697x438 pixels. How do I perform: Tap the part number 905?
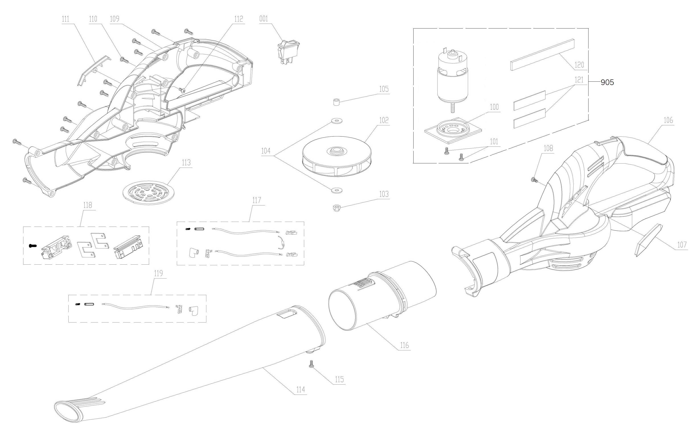[607, 82]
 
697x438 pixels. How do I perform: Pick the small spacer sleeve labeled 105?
[336, 103]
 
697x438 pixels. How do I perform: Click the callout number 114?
[300, 389]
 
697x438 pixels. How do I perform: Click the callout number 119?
[158, 273]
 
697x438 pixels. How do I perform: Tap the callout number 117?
[256, 200]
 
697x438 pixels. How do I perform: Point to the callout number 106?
[668, 120]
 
